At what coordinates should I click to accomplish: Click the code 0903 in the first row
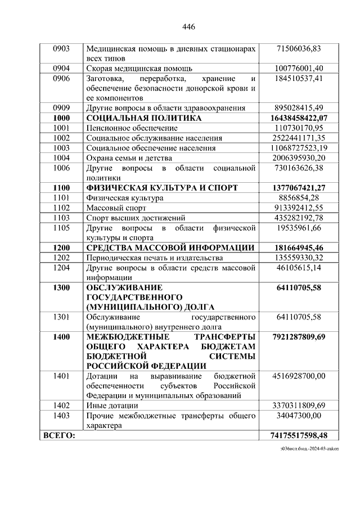point(61,49)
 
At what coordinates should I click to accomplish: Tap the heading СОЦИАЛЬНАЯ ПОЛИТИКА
point(144,118)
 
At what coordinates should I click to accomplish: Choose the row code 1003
point(61,148)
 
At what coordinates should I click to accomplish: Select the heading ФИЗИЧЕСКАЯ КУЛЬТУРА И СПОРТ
point(162,187)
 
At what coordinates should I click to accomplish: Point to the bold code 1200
point(61,247)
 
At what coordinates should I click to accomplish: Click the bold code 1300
point(61,287)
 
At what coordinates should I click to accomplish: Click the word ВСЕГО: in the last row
point(58,435)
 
